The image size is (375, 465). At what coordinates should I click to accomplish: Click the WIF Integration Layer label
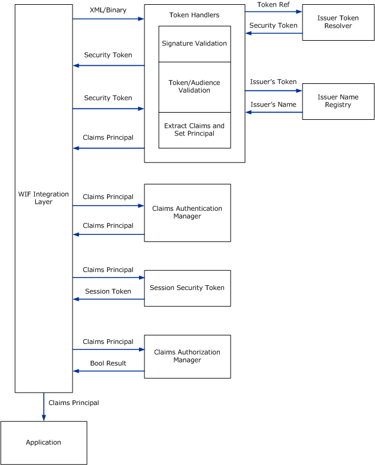43,197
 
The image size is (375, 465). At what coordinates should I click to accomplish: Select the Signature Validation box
194,44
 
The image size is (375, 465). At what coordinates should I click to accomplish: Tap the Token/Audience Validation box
194,86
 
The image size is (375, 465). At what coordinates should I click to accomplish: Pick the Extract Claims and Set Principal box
194,130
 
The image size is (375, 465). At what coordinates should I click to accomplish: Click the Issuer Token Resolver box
337,22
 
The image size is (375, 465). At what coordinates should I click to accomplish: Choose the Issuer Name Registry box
337,101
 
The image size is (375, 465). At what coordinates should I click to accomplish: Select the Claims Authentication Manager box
187,212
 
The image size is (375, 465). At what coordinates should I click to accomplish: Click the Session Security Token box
187,288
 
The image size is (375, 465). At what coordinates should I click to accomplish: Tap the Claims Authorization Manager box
187,356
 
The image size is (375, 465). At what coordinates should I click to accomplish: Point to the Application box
43,442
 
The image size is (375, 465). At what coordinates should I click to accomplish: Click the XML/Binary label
108,11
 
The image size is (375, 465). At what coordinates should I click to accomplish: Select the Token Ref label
273,4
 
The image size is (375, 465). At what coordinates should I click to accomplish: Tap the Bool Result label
108,363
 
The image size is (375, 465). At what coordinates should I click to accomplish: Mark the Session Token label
108,291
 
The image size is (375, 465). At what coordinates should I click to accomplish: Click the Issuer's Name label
273,104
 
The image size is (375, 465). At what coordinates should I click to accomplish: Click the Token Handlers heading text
194,15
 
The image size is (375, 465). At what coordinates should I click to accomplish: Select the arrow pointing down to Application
43,407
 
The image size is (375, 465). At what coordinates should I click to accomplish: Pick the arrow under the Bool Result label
108,371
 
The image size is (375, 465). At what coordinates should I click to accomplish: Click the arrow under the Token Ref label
273,11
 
